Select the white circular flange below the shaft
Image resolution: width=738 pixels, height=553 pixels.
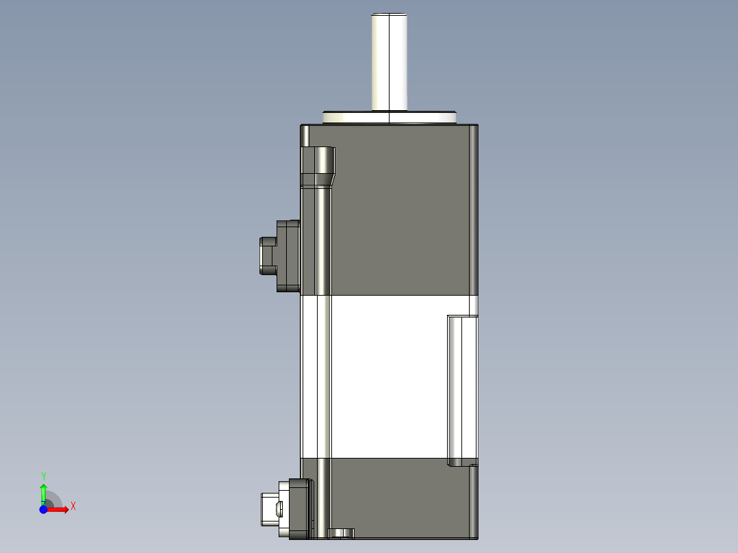[389, 118]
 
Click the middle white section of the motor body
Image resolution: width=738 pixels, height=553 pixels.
[387, 376]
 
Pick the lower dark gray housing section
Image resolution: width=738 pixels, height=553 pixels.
[400, 496]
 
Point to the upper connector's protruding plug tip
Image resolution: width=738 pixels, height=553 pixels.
[266, 255]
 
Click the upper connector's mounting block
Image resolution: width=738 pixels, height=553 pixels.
[288, 255]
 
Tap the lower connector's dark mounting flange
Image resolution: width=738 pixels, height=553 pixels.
[298, 509]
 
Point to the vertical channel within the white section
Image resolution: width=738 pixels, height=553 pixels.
[323, 376]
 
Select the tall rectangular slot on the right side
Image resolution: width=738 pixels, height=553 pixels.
[461, 390]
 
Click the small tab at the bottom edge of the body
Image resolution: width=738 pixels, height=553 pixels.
[341, 532]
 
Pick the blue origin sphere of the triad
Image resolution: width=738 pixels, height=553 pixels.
[43, 509]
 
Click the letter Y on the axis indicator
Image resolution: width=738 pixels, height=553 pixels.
[43, 476]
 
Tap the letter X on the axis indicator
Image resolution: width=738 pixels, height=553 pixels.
[73, 506]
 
